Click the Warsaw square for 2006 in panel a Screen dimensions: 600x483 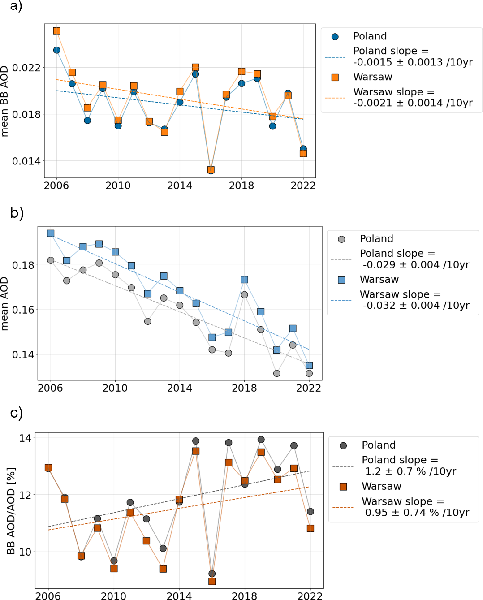(x=57, y=31)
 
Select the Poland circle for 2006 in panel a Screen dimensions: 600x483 (x=57, y=50)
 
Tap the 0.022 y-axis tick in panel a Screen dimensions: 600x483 (x=26, y=68)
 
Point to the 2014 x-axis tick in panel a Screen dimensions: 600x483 (x=180, y=186)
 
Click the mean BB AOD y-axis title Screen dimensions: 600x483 (x=5, y=101)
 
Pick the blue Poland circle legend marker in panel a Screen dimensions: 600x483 (x=335, y=37)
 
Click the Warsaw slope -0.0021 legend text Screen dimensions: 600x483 (x=413, y=97)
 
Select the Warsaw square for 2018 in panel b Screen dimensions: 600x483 (x=245, y=280)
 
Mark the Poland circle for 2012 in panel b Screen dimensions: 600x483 (x=148, y=321)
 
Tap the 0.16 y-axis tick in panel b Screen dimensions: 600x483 (x=23, y=310)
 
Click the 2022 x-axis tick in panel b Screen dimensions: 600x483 (x=309, y=388)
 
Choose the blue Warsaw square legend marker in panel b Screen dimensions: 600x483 (x=341, y=280)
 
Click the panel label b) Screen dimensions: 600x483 (x=17, y=213)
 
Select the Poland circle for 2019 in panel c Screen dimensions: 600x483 (x=261, y=440)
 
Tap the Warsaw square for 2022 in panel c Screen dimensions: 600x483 (x=310, y=529)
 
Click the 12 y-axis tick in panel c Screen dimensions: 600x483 (x=25, y=495)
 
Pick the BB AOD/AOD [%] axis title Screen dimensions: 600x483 (x=11, y=511)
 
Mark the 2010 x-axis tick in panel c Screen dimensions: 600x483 (x=114, y=596)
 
